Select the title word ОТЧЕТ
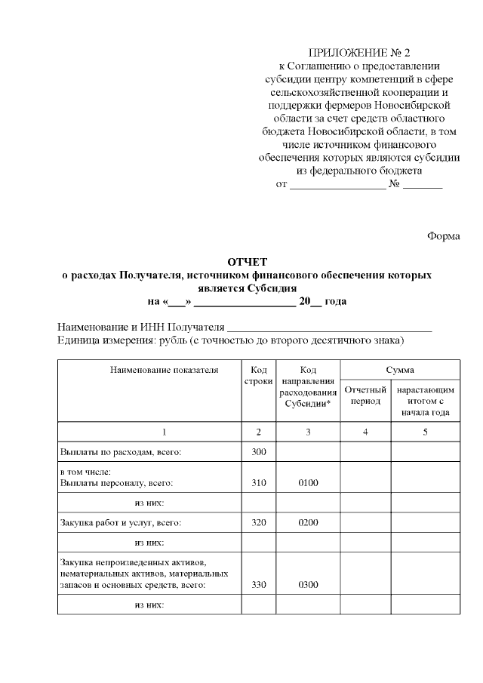(x=247, y=262)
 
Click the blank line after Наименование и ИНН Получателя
(x=329, y=328)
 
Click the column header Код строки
(x=259, y=376)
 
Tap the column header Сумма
(x=400, y=370)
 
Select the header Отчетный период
(x=365, y=395)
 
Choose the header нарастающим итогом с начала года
(x=425, y=401)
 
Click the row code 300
(x=259, y=452)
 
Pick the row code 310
(x=259, y=483)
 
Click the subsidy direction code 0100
(x=308, y=483)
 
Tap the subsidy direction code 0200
(x=308, y=521)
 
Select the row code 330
(x=259, y=584)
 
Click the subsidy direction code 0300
(x=308, y=584)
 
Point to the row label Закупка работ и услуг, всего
(x=121, y=521)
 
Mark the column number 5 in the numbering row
(x=425, y=432)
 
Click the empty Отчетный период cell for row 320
(x=365, y=521)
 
